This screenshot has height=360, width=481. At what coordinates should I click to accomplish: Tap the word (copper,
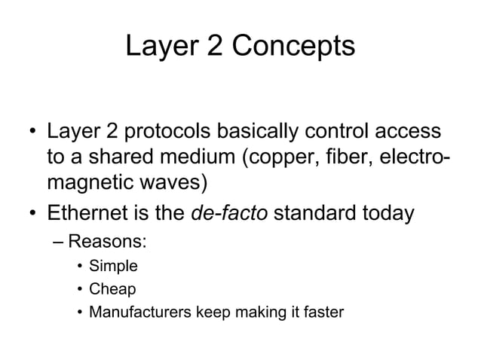click(271, 160)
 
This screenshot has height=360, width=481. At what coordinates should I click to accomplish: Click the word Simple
click(113, 266)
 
